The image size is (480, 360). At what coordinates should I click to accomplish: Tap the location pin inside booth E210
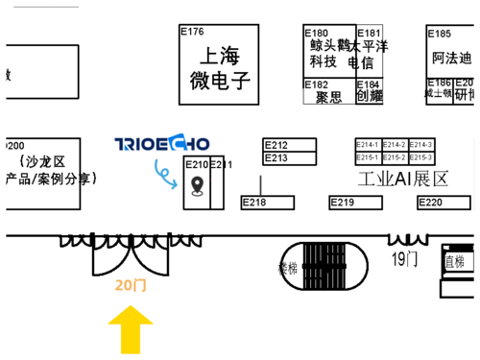[198, 185]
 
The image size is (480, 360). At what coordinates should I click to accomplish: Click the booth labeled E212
[290, 145]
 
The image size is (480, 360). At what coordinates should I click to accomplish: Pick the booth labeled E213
[290, 157]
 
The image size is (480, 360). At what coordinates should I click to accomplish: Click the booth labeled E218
[267, 203]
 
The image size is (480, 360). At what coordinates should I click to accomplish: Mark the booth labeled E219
[356, 203]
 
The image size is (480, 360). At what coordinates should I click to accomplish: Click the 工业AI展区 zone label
[403, 180]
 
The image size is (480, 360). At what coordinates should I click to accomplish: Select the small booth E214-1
[368, 144]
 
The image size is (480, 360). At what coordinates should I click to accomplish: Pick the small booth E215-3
[421, 157]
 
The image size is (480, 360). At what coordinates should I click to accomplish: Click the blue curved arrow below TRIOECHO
[166, 172]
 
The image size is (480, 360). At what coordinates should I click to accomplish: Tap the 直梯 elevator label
[454, 260]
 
